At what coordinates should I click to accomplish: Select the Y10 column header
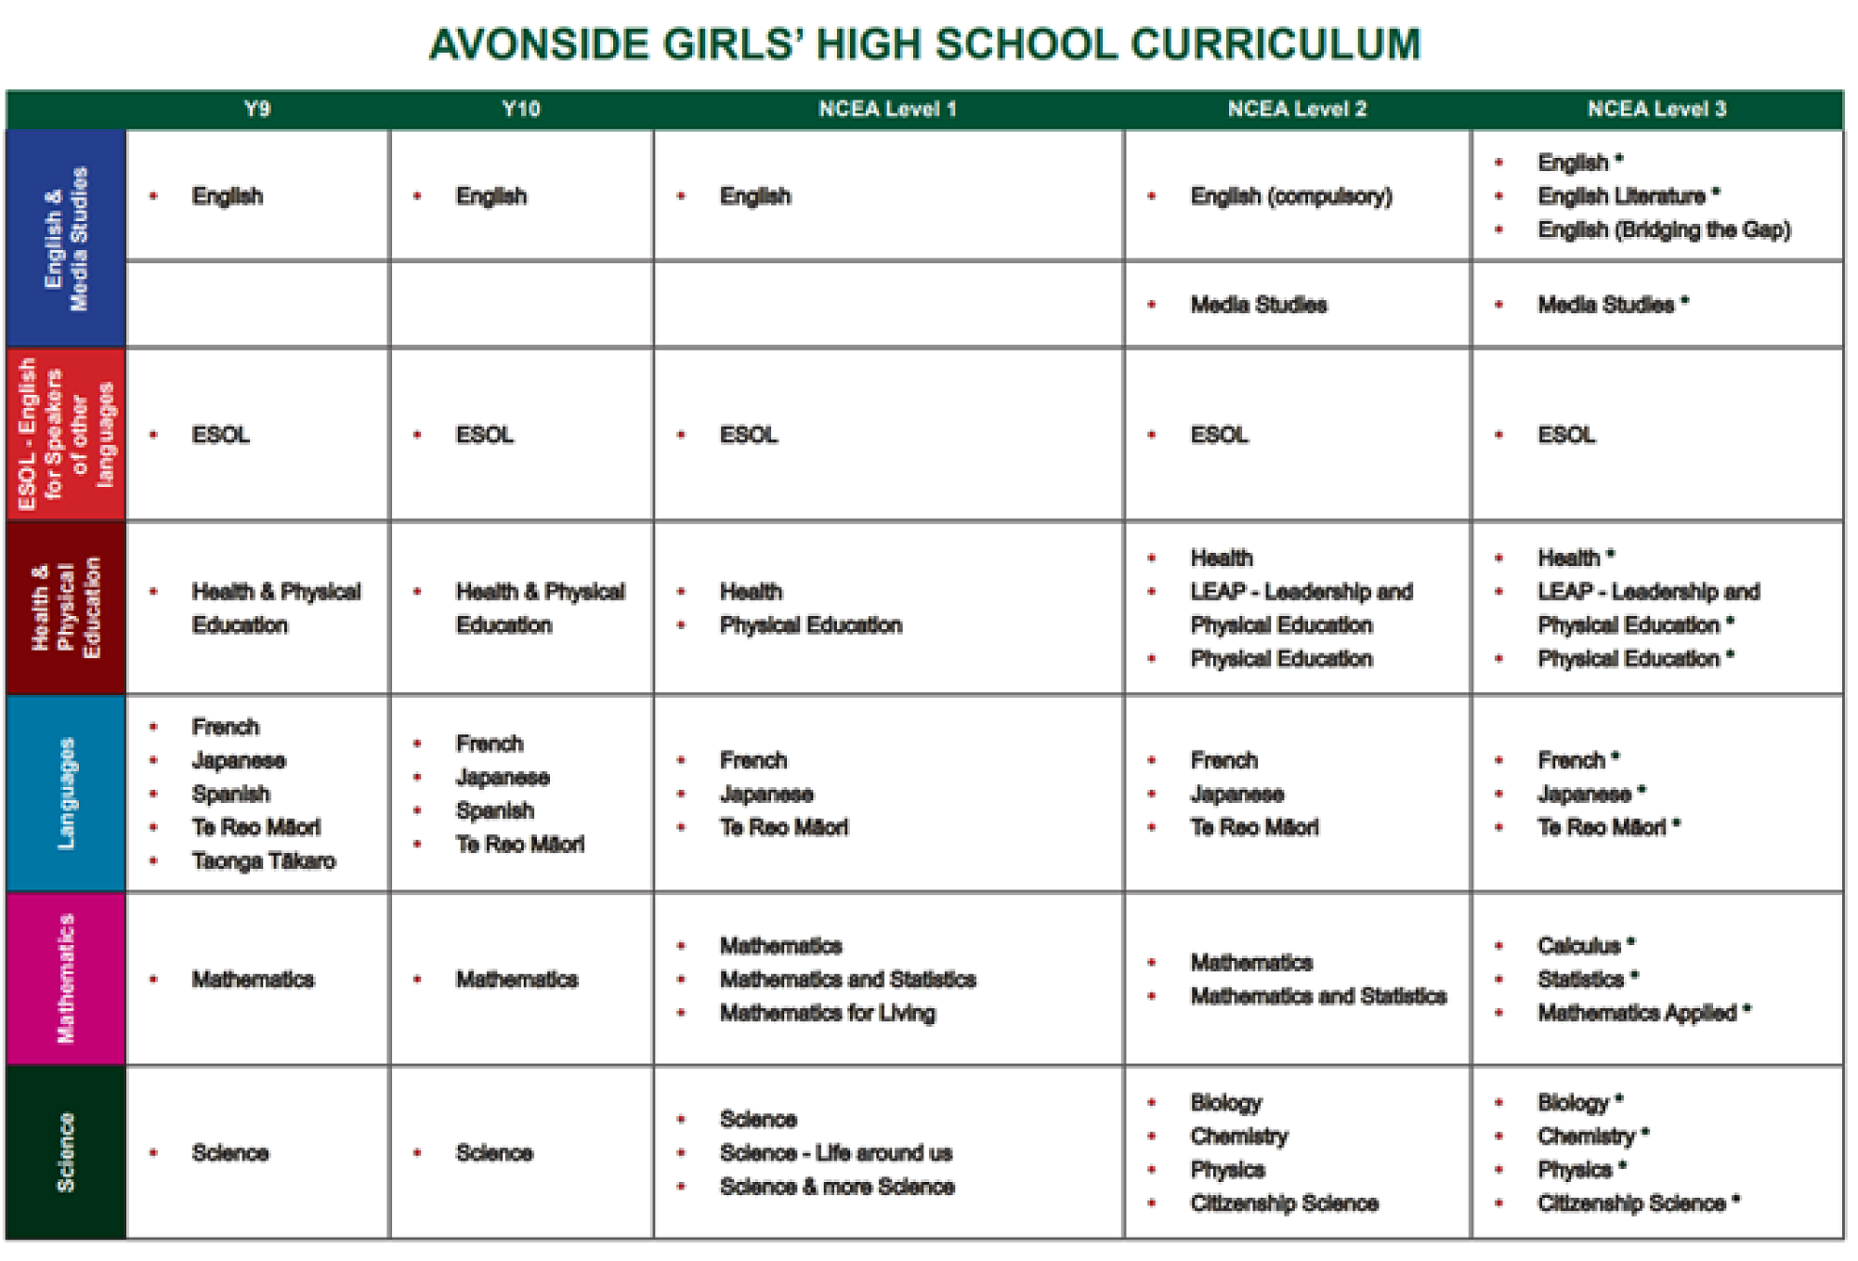[x=520, y=109]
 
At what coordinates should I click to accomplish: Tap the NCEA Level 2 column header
[x=1297, y=109]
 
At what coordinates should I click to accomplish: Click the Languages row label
[x=66, y=793]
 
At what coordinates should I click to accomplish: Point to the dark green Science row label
[x=66, y=1152]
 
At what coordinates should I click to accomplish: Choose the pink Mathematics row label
[x=66, y=979]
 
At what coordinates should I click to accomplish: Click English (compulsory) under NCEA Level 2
[x=1291, y=196]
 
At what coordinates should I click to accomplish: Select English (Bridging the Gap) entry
[x=1664, y=230]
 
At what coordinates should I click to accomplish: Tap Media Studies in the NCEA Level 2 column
[x=1259, y=305]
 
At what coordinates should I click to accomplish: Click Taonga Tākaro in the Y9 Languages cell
[x=264, y=861]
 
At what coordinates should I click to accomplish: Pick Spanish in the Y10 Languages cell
[x=495, y=810]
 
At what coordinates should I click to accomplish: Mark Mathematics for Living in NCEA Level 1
[x=828, y=1013]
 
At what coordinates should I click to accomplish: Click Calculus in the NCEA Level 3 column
[x=1579, y=946]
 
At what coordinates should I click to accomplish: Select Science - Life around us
[x=836, y=1153]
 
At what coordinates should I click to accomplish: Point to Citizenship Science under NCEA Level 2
[x=1284, y=1203]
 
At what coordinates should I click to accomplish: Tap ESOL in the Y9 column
[x=221, y=435]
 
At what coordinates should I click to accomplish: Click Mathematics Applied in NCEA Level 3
[x=1637, y=1013]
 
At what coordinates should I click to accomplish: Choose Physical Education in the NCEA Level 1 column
[x=811, y=625]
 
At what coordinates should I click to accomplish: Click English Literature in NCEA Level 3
[x=1621, y=196]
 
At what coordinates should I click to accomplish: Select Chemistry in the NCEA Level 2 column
[x=1239, y=1136]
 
